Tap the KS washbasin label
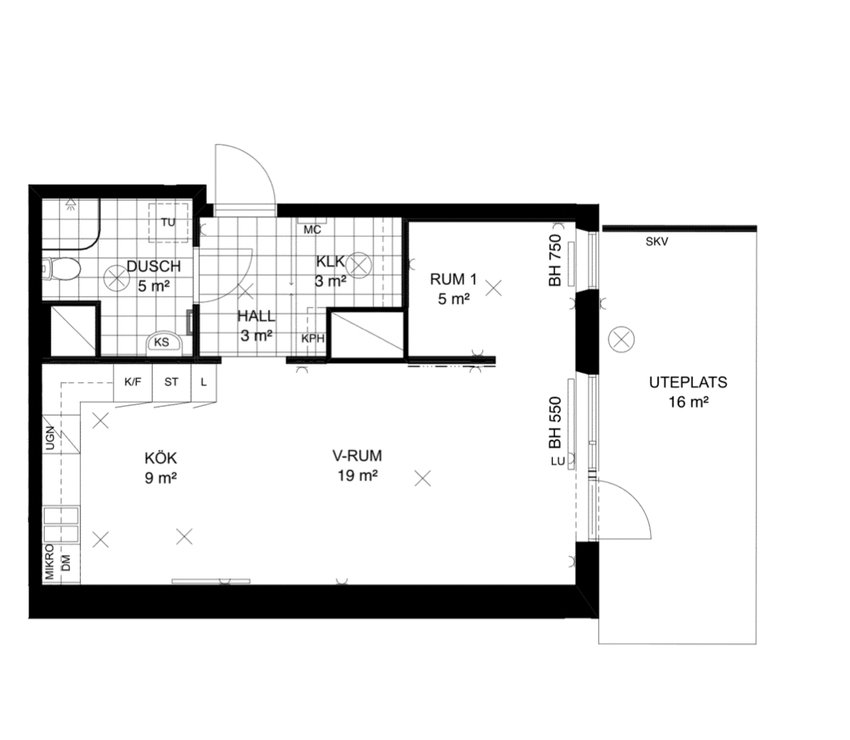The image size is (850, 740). coord(161,342)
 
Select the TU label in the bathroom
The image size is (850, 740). coord(168,222)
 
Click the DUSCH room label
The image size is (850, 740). coord(154,266)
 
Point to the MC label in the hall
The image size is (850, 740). coord(312,230)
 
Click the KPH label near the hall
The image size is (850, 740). coord(313,339)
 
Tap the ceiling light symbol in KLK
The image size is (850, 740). coord(358,265)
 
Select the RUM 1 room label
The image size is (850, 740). coord(453,279)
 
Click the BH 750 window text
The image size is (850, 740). coord(554,260)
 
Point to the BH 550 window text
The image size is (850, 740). coord(554,423)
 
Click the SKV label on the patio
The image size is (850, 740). coord(657,242)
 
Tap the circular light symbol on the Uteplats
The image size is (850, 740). coord(621,340)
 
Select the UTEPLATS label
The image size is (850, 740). coord(689,382)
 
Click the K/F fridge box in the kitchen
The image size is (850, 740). coord(133,382)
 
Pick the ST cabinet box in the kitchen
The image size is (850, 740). coord(172,382)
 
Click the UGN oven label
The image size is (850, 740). coord(50,438)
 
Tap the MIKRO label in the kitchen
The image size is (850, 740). coord(50,562)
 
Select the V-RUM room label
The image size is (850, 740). coord(358,455)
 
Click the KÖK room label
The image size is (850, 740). coord(161,458)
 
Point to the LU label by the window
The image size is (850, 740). coord(558,462)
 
